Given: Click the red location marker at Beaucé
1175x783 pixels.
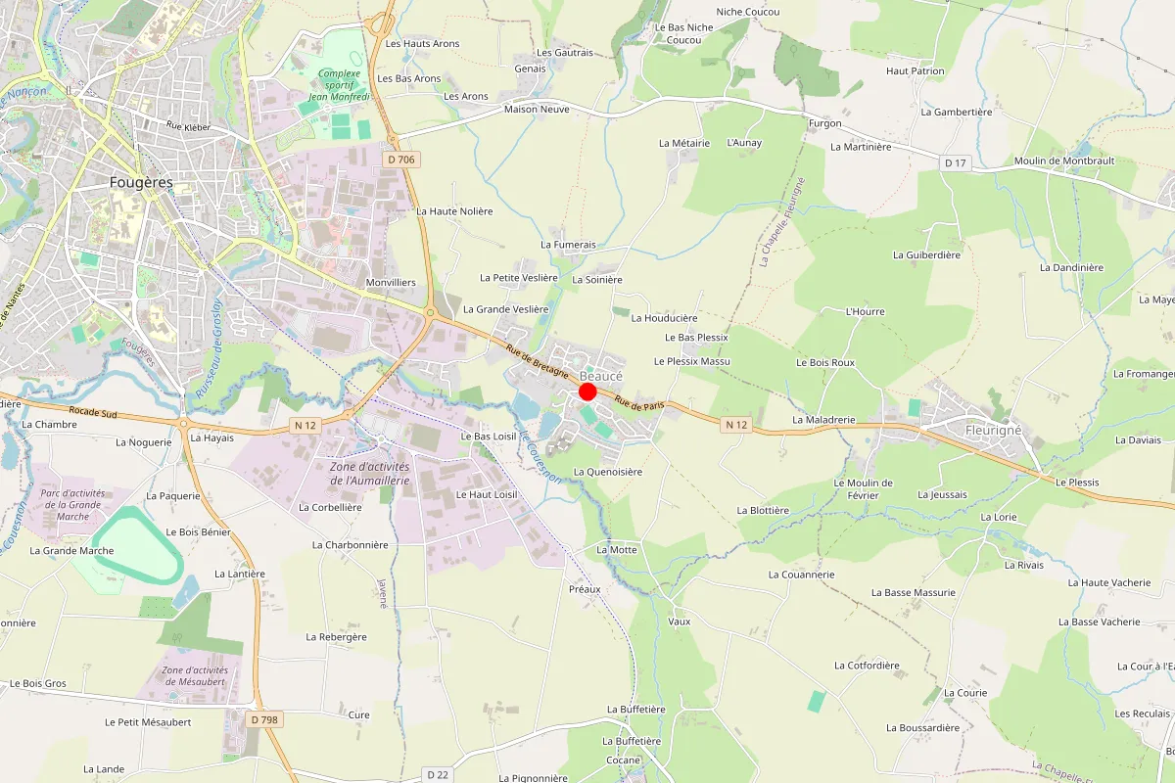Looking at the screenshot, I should [587, 391].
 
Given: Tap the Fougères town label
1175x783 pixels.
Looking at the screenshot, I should [141, 183].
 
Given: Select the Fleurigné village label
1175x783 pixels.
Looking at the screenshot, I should [993, 430].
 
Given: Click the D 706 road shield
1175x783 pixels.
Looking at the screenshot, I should [401, 160].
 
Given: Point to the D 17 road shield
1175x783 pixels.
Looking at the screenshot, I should [957, 163].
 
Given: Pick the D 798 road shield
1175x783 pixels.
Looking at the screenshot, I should [264, 719].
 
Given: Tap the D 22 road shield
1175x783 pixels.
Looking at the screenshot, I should [438, 774].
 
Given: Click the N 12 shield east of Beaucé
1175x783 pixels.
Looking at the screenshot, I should [736, 425].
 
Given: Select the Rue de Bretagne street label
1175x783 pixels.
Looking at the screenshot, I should [538, 361].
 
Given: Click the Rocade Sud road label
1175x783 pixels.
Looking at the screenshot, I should [93, 413].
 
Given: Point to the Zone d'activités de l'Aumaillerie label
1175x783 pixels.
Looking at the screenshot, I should [369, 473].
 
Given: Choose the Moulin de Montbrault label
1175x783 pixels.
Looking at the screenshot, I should [1064, 161].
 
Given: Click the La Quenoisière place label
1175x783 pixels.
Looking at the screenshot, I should [608, 472].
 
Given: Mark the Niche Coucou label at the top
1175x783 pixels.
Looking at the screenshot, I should [748, 12].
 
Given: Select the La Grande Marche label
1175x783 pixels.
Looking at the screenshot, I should [71, 550].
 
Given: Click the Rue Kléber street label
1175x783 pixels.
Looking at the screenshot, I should [189, 125].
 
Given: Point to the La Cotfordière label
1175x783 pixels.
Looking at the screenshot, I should [867, 666].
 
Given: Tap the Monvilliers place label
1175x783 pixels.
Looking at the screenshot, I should [391, 282].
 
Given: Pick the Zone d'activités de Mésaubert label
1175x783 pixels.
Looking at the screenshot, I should [194, 675].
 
